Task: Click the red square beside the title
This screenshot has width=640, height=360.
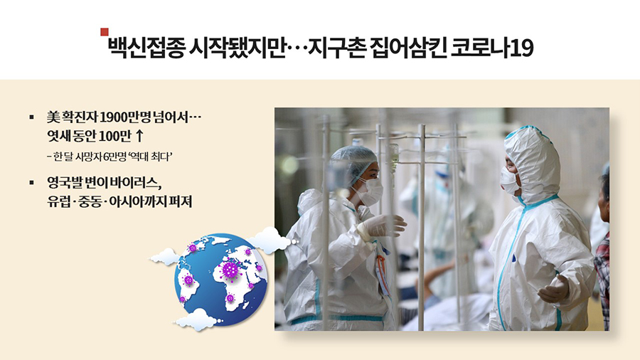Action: click(x=105, y=32)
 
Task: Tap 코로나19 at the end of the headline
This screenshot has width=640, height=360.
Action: click(x=492, y=48)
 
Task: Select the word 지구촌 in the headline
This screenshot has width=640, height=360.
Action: click(x=336, y=48)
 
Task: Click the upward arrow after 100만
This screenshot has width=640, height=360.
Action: click(x=139, y=136)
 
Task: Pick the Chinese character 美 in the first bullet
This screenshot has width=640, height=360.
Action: click(x=53, y=117)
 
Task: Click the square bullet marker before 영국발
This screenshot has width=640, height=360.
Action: click(x=32, y=183)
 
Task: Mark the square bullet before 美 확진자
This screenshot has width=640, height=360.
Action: click(x=32, y=117)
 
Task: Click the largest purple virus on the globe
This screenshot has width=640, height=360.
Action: click(x=230, y=270)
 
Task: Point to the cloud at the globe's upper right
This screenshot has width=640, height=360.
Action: click(x=270, y=240)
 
